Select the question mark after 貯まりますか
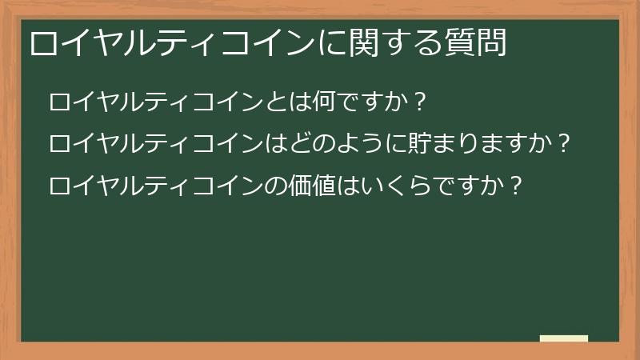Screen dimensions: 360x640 (563, 144)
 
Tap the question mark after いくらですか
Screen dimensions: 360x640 (516, 186)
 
